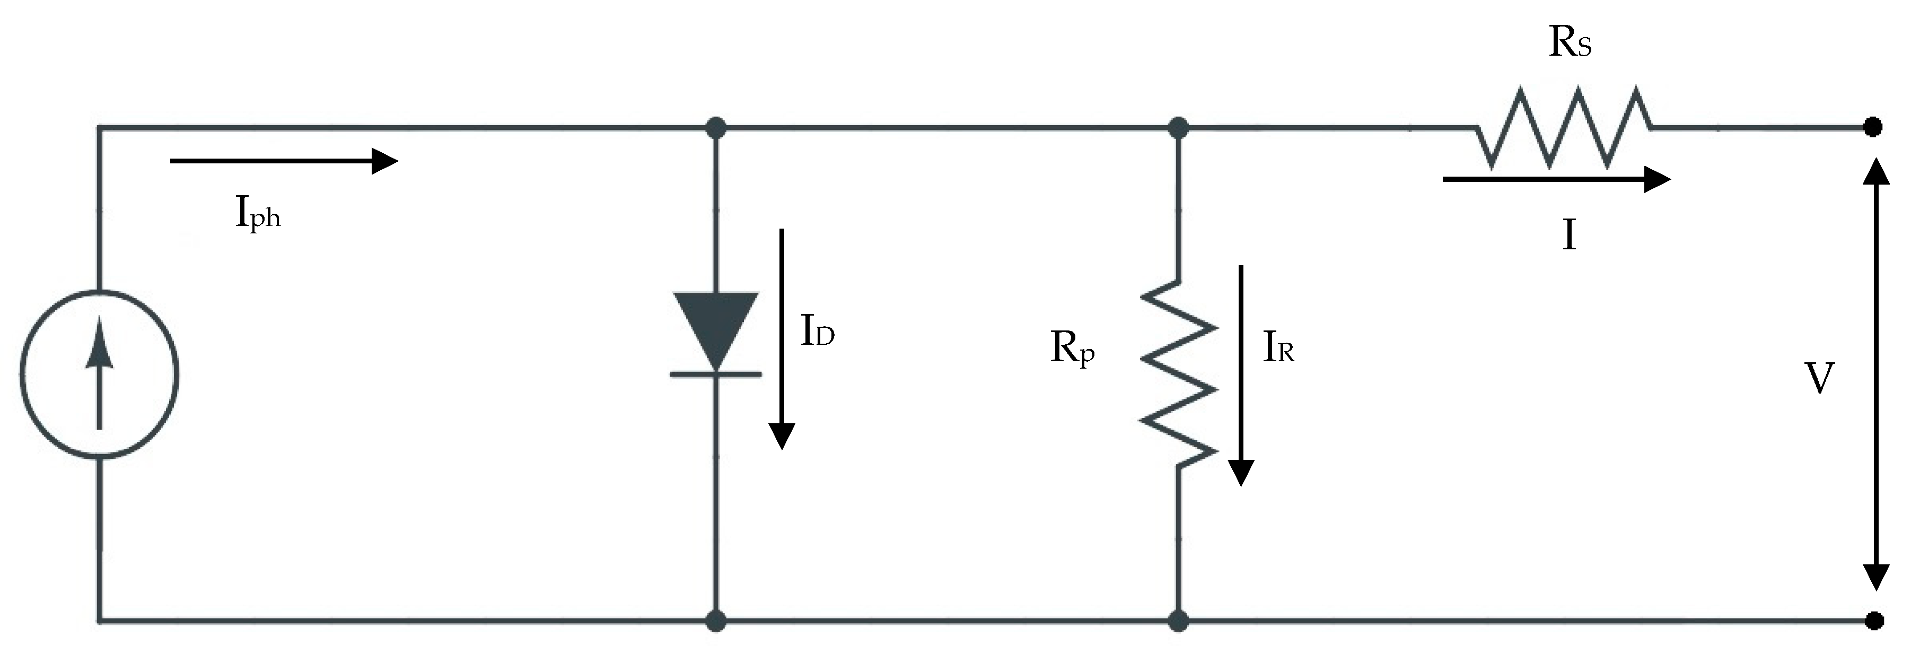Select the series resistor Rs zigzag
click(x=1564, y=128)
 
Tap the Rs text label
click(x=1570, y=43)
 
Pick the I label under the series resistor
click(x=1568, y=237)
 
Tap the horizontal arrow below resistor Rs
click(x=1556, y=179)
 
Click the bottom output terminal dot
click(x=1874, y=620)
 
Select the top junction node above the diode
click(x=715, y=128)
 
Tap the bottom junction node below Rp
click(x=1178, y=621)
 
